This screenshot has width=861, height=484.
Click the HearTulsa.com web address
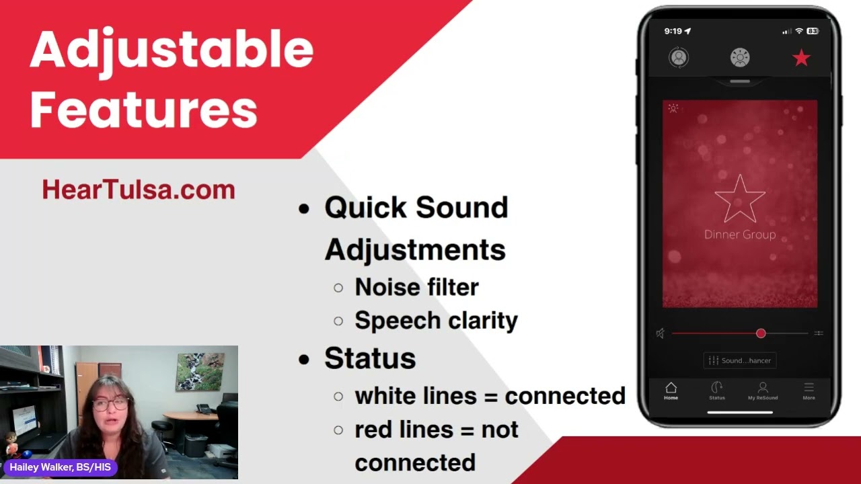139,190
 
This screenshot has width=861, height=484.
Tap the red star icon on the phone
801,58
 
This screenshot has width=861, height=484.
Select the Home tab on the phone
671,391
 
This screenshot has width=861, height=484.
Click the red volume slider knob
761,333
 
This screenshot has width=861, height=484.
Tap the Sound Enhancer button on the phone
740,360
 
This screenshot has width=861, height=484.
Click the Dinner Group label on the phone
740,235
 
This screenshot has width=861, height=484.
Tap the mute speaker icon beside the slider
661,333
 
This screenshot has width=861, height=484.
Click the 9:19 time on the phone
673,31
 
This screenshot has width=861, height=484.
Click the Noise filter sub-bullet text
416,287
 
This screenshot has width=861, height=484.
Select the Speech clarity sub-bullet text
436,321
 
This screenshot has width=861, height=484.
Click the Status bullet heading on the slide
370,358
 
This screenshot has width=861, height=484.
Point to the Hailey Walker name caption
61,467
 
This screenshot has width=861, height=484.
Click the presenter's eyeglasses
110,404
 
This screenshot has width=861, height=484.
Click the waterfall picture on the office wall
200,372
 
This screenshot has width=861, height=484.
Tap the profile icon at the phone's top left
679,58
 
